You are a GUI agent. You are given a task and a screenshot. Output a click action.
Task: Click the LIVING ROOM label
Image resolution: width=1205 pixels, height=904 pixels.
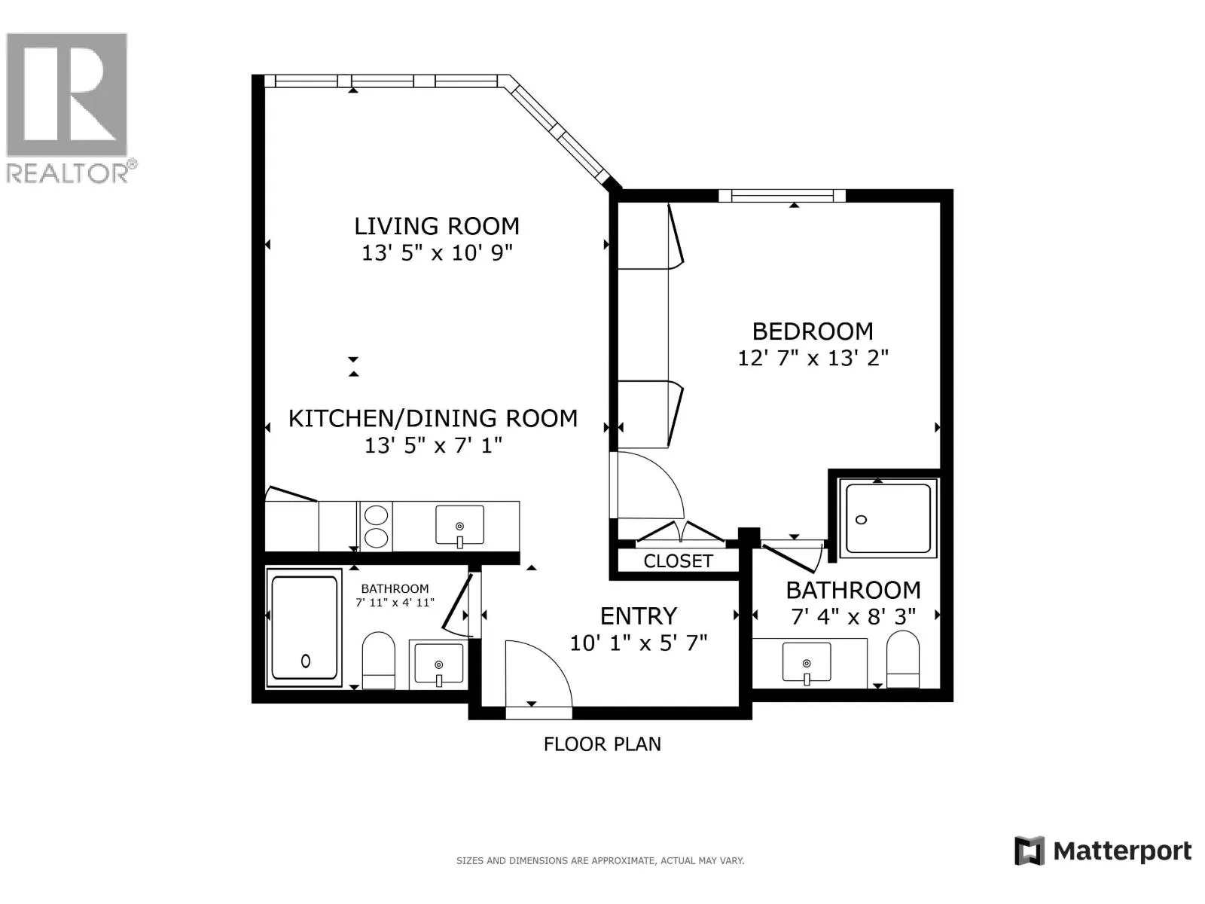click(436, 226)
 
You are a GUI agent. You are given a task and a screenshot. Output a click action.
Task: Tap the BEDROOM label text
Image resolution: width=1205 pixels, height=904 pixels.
click(813, 331)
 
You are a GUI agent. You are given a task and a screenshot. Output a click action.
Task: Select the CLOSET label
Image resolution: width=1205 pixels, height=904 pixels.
click(678, 561)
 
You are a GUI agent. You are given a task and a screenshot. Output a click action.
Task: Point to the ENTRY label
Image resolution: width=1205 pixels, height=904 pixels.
click(639, 616)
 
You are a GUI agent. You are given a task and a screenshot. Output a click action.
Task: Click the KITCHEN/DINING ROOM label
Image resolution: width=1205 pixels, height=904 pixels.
click(432, 418)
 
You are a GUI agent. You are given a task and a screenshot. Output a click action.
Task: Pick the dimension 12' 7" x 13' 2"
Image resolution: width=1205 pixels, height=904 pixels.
click(813, 359)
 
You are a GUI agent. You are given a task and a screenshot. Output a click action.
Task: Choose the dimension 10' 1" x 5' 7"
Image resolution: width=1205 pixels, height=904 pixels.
click(639, 643)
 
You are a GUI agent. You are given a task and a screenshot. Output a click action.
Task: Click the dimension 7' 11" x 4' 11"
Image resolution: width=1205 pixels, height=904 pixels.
click(395, 602)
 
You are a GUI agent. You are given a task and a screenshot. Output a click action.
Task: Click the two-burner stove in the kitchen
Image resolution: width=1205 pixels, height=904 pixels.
click(376, 527)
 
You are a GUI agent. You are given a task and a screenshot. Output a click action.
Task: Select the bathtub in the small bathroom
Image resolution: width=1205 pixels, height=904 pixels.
click(304, 628)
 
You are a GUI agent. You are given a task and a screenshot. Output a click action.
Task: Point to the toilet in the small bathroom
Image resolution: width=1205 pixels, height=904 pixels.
click(379, 661)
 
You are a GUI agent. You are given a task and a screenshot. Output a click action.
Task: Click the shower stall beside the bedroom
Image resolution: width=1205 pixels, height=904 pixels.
click(888, 518)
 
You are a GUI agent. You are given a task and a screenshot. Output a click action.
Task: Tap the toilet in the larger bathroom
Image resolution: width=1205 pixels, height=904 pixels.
click(903, 658)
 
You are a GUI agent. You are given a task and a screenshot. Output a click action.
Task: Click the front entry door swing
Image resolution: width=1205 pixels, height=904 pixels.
click(538, 674)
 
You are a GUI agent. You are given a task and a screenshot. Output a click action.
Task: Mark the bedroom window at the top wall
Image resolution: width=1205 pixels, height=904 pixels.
click(782, 195)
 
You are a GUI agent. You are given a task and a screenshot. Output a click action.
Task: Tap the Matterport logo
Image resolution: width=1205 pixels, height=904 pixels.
click(1103, 851)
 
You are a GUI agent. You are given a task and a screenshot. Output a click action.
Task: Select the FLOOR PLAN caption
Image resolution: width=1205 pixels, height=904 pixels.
click(602, 744)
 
